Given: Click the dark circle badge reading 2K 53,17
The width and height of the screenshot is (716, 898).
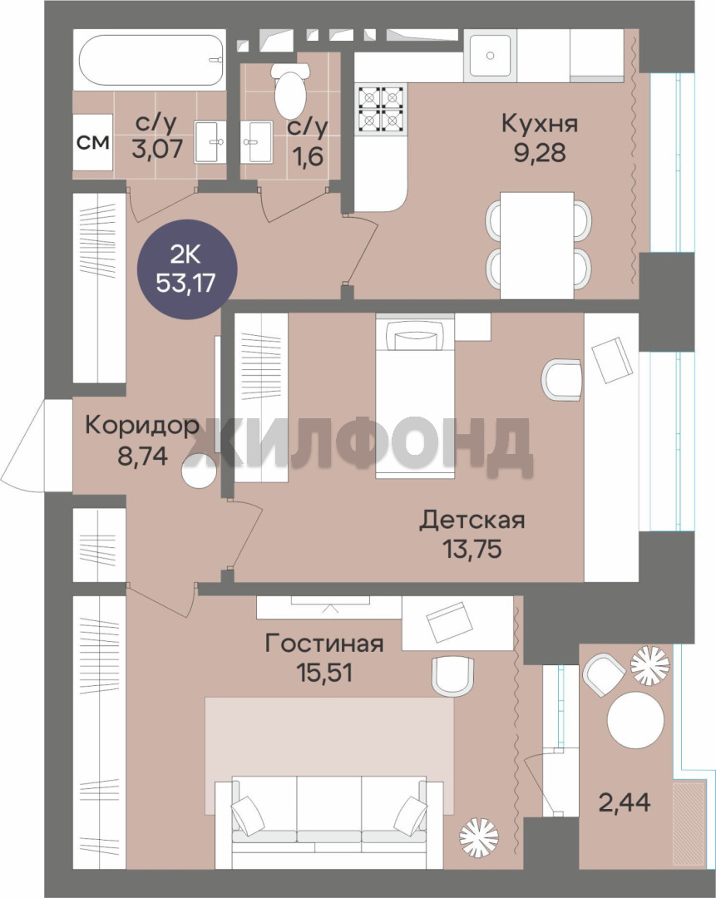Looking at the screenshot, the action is (187, 269).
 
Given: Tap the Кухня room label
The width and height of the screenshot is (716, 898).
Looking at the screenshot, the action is (540, 124).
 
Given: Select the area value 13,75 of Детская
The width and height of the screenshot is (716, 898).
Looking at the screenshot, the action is (472, 549).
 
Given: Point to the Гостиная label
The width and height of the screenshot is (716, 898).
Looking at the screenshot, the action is (324, 644).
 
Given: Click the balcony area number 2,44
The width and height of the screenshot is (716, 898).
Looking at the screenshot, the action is (625, 802).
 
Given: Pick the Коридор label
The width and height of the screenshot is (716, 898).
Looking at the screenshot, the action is (142, 427).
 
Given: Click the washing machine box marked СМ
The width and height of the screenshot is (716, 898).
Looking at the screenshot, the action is (92, 143).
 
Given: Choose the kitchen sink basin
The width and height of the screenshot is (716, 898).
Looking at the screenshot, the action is (491, 56).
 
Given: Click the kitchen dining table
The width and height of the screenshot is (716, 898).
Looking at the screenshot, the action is (536, 245).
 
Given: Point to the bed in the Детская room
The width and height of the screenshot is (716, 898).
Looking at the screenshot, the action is (415, 395).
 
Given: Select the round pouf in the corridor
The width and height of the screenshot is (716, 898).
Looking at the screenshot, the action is (200, 471).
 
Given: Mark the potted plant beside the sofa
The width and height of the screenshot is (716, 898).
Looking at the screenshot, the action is (479, 838).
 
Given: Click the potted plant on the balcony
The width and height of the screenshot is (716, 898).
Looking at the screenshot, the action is (649, 665).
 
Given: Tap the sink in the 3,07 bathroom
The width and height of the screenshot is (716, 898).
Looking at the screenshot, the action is (210, 141).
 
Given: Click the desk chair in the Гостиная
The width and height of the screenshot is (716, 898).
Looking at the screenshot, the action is (452, 676).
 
